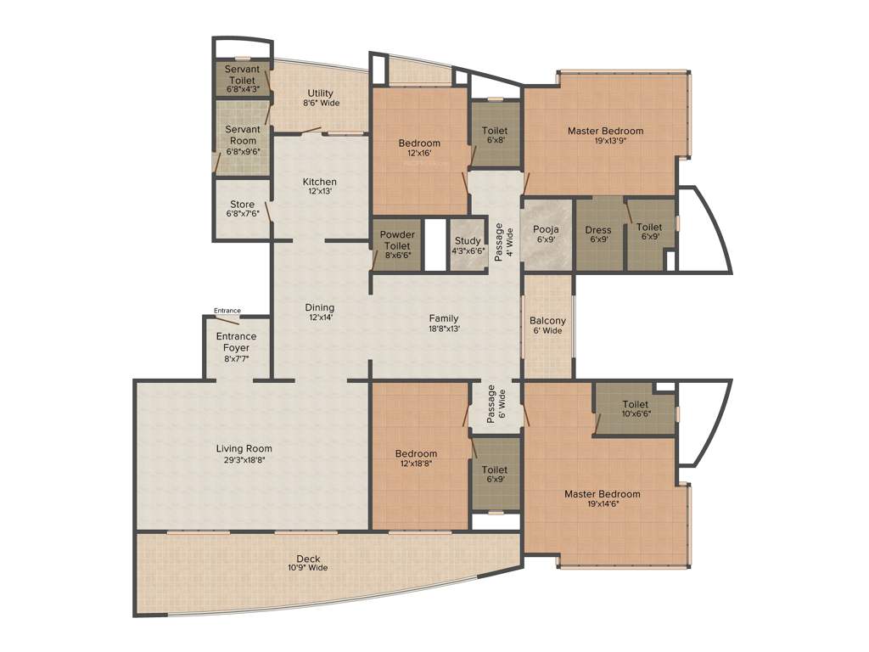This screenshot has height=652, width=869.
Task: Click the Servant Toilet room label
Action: point(242,78)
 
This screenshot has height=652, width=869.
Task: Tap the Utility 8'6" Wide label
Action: point(321,98)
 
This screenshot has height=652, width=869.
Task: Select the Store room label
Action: point(243,209)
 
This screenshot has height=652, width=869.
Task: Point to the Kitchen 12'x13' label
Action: point(320,186)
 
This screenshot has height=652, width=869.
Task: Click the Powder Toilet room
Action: point(396,244)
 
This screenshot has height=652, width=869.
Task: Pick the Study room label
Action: point(468,245)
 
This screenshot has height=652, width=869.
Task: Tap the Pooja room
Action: point(546,234)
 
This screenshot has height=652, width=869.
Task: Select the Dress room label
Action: point(599,234)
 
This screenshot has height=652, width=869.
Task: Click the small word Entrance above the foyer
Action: point(227,311)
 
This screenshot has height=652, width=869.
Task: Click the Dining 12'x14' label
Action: point(320,312)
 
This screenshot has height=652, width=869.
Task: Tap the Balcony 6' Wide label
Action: point(547,325)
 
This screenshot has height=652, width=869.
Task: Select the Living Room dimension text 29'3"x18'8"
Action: point(244,460)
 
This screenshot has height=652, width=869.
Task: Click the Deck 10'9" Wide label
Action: point(308,563)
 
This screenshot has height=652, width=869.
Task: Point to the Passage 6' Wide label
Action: point(496,405)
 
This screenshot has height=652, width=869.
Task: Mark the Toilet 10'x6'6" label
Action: point(635,409)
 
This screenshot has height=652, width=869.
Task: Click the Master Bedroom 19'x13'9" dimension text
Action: point(605,142)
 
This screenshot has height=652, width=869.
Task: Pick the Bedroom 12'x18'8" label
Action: point(416,459)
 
